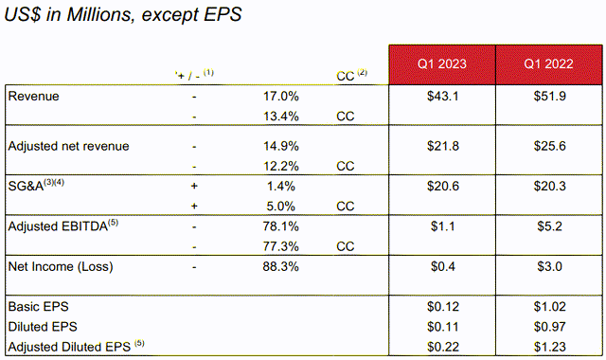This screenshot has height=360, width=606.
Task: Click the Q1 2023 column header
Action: click(442, 63)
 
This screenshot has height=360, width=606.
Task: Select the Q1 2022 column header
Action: click(549, 63)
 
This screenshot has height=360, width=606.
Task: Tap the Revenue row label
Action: click(34, 96)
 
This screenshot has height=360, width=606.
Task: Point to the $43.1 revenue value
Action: click(443, 96)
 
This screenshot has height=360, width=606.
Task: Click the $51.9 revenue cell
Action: click(549, 96)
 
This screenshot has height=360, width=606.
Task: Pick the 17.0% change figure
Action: click(281, 96)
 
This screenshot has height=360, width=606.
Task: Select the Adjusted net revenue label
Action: click(69, 146)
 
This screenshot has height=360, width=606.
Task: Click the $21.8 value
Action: click(443, 146)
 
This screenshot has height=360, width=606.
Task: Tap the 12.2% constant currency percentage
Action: click(281, 167)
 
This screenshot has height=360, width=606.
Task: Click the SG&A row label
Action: click(36, 185)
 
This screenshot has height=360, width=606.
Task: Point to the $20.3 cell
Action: click(549, 186)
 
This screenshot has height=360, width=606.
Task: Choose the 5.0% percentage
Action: click(281, 207)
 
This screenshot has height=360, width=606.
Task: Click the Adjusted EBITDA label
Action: click(63, 225)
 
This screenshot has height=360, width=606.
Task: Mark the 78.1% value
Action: click(281, 226)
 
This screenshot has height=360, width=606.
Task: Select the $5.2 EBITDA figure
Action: click(549, 226)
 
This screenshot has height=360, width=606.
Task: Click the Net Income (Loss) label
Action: click(61, 266)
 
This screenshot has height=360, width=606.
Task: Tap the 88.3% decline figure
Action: click(281, 266)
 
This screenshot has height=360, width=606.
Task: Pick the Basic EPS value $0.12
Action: click(443, 307)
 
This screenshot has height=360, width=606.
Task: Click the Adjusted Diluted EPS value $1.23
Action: click(549, 347)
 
